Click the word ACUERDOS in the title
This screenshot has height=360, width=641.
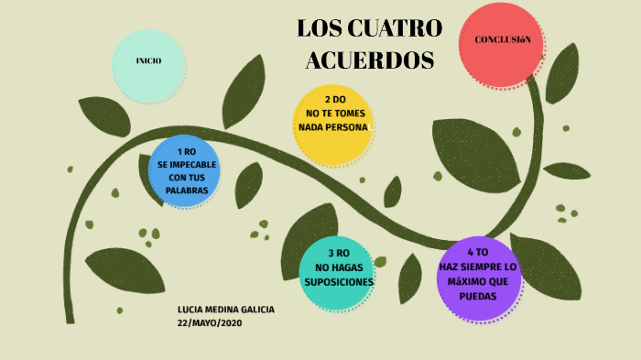[369, 60]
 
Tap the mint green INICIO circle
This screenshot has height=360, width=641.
[148, 61]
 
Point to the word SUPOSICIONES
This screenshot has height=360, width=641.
[338, 281]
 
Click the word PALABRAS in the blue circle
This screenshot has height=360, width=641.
[187, 191]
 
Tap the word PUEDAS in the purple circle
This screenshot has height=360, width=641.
[478, 297]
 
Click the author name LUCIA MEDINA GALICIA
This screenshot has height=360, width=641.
[226, 310]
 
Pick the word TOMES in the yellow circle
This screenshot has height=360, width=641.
[346, 113]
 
